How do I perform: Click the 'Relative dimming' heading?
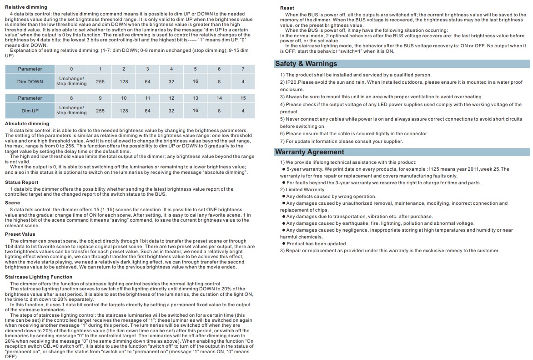tap(26, 7)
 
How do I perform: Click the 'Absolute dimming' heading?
tap(27, 123)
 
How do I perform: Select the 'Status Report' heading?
tap(22, 183)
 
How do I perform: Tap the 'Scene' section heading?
tap(13, 203)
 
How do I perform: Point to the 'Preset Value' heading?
tap(20, 234)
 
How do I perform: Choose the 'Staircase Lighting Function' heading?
tap(39, 277)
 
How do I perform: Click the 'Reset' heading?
tap(287, 8)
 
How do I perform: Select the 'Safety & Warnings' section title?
tap(306, 64)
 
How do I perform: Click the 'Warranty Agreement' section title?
tap(310, 152)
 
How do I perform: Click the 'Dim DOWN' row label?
tap(30, 81)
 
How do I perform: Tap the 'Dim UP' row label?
tap(30, 111)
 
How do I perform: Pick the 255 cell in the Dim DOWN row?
tap(100, 81)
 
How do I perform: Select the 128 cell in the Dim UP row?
tap(124, 111)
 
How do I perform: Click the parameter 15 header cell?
tap(243, 98)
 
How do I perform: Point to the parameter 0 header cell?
tap(71, 69)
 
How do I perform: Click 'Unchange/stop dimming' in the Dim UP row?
tap(71, 111)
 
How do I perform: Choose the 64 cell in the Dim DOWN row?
tap(147, 81)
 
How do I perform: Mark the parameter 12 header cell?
tap(171, 98)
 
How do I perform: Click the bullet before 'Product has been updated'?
tap(283, 244)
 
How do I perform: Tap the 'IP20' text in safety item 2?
tap(291, 82)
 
